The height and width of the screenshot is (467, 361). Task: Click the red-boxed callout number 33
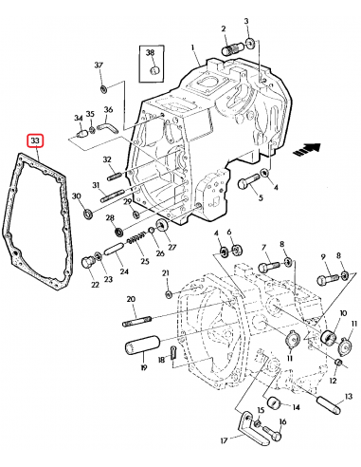click(35, 141)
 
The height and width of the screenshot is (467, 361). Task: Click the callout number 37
click(98, 65)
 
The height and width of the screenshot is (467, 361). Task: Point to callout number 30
click(76, 196)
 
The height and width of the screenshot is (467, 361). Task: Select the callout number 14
click(297, 409)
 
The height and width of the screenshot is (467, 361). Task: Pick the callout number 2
click(223, 29)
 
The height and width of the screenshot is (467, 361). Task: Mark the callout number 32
click(107, 159)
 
